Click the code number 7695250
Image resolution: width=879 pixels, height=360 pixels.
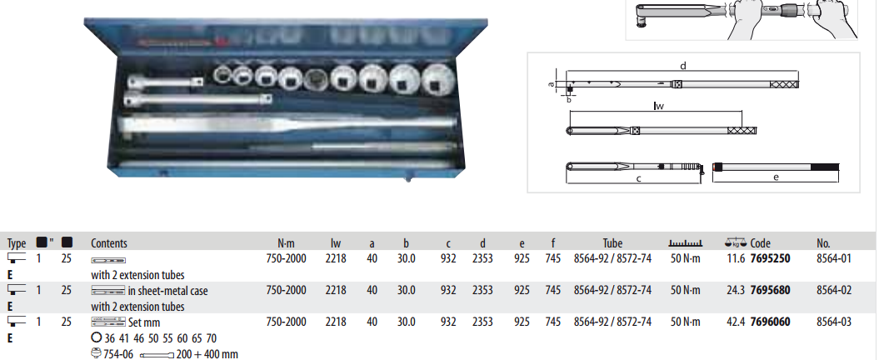click(x=770, y=259)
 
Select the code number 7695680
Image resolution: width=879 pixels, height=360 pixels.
click(x=770, y=290)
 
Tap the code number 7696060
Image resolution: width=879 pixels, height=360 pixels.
click(x=770, y=322)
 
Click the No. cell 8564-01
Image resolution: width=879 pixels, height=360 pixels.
click(x=834, y=259)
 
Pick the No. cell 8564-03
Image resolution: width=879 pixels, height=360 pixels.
click(x=834, y=322)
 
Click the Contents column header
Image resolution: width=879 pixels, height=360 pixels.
click(x=108, y=243)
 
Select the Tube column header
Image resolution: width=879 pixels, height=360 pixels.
click(x=612, y=243)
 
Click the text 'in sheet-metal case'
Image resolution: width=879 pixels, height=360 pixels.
click(x=167, y=291)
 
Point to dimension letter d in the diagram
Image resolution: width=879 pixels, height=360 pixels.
click(x=682, y=65)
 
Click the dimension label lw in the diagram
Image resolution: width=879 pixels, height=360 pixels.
click(x=658, y=107)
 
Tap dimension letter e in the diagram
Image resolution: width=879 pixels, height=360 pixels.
click(x=776, y=177)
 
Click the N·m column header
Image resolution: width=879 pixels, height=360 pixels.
click(x=286, y=243)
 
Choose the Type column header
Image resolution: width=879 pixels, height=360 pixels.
click(x=17, y=243)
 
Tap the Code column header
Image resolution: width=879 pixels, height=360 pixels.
click(x=760, y=243)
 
